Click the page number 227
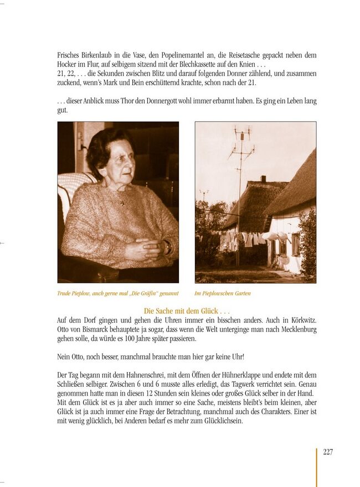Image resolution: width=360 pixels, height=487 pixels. click(327, 452)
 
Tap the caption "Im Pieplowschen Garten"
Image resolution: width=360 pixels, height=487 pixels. click(223, 293)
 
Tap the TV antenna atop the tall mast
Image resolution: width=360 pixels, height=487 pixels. click(241, 135)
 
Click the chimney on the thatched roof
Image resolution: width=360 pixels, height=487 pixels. click(263, 179)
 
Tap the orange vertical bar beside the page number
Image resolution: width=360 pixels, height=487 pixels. click(317, 467)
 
